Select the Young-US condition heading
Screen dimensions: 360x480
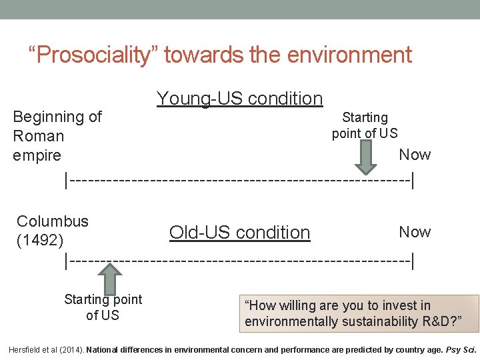(239, 98)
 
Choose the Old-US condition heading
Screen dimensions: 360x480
(239, 232)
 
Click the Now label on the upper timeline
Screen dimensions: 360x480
(415, 155)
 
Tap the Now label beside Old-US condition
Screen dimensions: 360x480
(415, 232)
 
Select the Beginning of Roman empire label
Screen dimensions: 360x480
(57, 136)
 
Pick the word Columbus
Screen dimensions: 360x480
(52, 221)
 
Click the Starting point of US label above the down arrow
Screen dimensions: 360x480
(365, 125)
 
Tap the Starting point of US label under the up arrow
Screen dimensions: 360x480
(103, 307)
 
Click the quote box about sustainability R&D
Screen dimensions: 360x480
(359, 313)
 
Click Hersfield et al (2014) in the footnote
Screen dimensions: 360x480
(45, 349)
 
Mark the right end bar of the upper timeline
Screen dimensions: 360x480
(414, 180)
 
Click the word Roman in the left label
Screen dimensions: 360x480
(39, 136)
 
